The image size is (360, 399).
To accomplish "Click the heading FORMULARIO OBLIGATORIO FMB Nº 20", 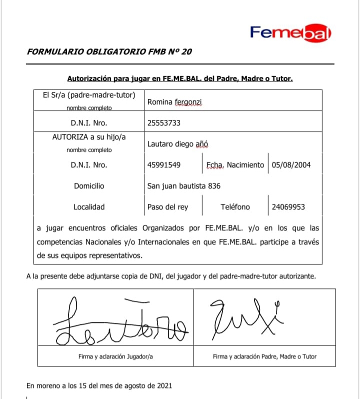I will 109,51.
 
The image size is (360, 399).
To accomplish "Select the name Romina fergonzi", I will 174,102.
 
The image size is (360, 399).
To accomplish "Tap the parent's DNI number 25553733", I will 164,122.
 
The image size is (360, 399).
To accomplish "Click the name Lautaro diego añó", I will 177,144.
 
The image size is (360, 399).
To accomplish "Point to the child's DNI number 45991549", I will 164,165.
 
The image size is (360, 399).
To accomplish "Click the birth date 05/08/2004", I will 291,165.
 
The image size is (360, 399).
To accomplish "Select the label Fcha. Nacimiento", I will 235,165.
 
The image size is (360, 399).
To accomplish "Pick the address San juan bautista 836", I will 183,186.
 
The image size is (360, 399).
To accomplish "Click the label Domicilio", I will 89,186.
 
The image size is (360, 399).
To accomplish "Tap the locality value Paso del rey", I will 167,207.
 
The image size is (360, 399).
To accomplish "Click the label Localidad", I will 89,207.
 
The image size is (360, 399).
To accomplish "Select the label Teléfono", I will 235,207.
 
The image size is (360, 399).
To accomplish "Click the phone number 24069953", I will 288,207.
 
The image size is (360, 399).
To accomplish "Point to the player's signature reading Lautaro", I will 120,322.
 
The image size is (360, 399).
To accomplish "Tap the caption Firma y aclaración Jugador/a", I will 115,356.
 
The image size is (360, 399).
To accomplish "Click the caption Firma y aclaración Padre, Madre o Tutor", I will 264,356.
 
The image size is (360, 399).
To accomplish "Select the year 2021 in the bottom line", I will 164,385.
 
